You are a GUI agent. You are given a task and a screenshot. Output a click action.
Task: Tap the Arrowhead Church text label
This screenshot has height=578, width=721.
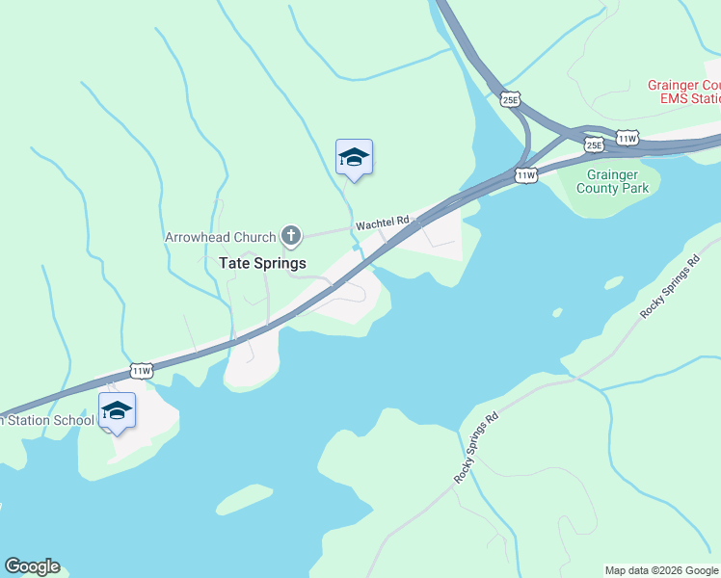click(220, 236)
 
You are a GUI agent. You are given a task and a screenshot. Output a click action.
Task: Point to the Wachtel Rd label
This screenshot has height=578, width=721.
click(383, 223)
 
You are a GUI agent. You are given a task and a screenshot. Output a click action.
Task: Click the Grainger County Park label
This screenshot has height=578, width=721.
click(612, 181)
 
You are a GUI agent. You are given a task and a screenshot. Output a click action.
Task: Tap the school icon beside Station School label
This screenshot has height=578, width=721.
click(117, 411)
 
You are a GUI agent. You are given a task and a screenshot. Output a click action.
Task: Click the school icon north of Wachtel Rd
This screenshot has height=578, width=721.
click(354, 158)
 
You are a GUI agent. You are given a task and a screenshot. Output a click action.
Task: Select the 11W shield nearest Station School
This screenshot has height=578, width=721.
click(142, 370)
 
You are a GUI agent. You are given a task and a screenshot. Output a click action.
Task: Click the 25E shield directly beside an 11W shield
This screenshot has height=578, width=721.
click(594, 145)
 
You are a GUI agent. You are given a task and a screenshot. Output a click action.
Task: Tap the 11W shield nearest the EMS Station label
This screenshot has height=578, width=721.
click(628, 139)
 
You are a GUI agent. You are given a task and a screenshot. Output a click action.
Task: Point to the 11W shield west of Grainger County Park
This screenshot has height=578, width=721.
click(525, 175)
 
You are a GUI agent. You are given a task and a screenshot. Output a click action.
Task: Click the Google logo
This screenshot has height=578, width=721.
click(32, 566)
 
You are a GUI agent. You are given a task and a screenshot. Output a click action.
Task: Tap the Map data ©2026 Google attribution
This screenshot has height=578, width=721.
click(661, 570)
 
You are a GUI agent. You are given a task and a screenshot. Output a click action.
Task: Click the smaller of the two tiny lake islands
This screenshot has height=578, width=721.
click(557, 312)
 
